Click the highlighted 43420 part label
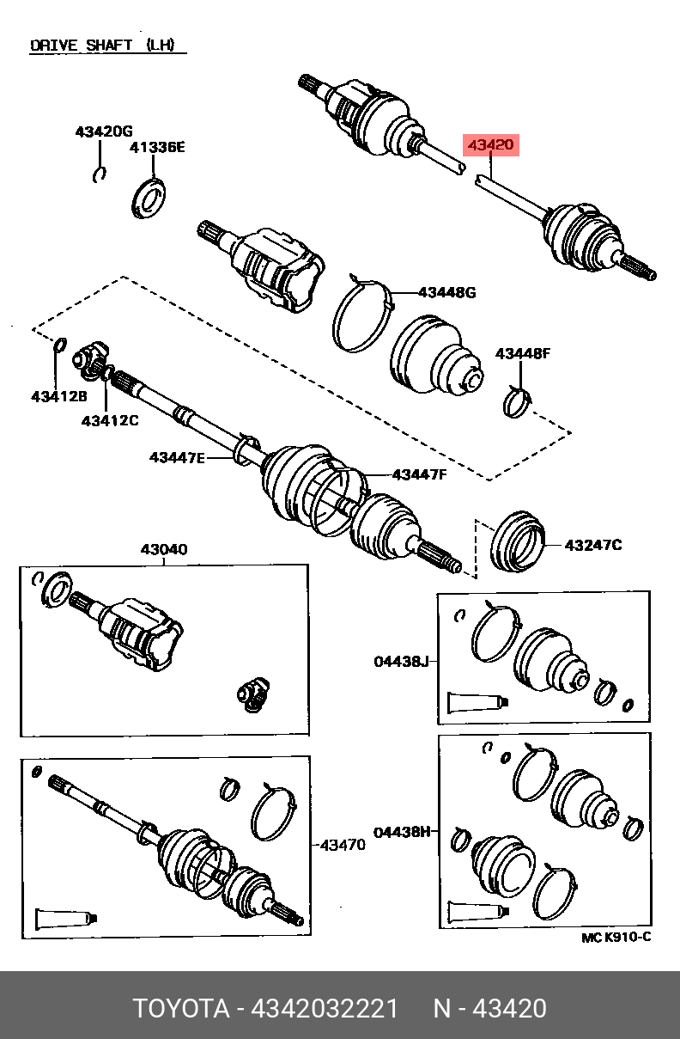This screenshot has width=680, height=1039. tap(491, 145)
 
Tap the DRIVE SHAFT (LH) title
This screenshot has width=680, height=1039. tap(102, 45)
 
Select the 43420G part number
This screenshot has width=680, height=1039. tap(104, 131)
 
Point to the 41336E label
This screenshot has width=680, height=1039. tap(157, 148)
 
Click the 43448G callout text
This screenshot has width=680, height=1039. tap(447, 293)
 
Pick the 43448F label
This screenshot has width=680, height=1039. tap(523, 354)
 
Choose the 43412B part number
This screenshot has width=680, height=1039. tap(59, 396)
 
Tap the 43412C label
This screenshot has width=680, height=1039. tap(110, 421)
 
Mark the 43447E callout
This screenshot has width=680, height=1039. tap(177, 458)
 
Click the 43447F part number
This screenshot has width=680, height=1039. tap(420, 475)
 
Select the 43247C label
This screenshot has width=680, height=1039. tap(593, 545)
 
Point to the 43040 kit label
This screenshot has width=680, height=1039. tap(164, 550)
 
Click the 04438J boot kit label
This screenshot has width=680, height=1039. tap(402, 662)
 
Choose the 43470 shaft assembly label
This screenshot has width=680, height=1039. tap(343, 845)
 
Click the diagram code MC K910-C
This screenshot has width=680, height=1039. tap(616, 938)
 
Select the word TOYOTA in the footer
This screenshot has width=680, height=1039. tap(181, 1008)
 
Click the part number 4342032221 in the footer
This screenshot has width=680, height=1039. tap(324, 1008)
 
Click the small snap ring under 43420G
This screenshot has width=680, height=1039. tap(99, 174)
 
